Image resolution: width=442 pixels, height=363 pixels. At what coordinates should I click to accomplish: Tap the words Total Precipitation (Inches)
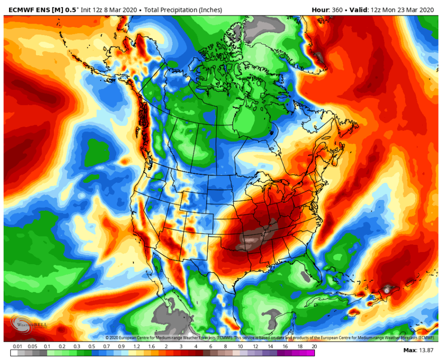click(x=181, y=9)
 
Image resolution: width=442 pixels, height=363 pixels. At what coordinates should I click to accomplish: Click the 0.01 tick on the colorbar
click(x=17, y=346)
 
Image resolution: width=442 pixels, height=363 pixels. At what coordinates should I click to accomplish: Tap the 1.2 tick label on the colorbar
click(x=137, y=346)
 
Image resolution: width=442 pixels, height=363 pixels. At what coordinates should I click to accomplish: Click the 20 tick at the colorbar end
click(x=314, y=346)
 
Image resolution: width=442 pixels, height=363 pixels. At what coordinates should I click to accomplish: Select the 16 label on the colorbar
click(x=285, y=346)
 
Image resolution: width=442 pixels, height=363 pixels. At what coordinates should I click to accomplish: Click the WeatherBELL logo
click(x=29, y=326)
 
